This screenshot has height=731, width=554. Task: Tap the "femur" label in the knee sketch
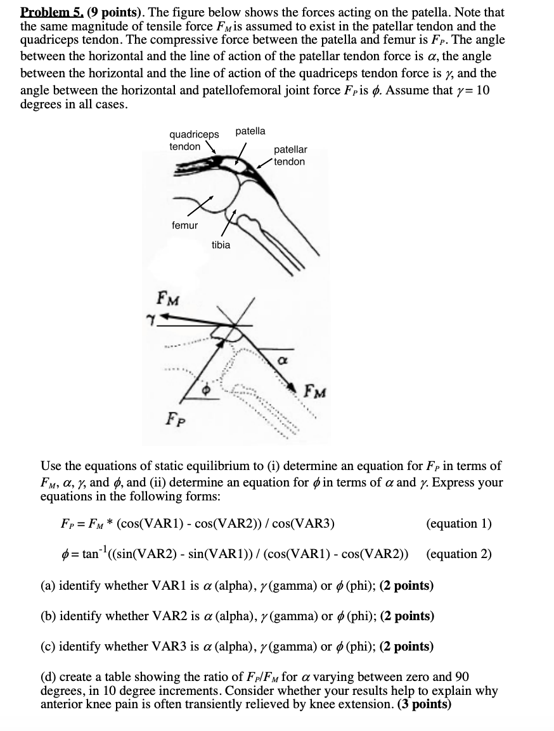click(x=184, y=225)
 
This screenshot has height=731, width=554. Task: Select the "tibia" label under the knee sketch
click(x=221, y=245)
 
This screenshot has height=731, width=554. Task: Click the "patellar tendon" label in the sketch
click(x=290, y=155)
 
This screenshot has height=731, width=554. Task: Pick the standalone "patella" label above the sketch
click(x=250, y=131)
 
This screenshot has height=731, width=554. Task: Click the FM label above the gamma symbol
click(x=168, y=297)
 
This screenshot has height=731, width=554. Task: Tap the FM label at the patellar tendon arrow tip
click(x=316, y=391)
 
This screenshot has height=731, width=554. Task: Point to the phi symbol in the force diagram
click(x=205, y=391)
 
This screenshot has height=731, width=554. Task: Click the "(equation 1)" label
click(x=459, y=523)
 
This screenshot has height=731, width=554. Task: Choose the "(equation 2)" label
click(x=459, y=554)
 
